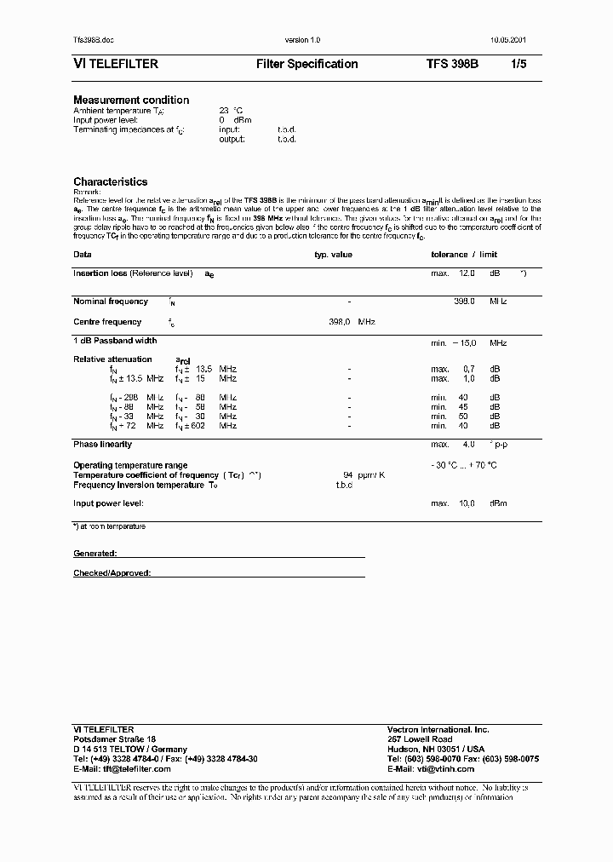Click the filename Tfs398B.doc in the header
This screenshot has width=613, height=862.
[x=92, y=41]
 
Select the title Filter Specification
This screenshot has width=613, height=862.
[x=306, y=64]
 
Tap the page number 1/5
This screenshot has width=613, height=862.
[x=518, y=64]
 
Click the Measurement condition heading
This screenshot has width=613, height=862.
[x=131, y=100]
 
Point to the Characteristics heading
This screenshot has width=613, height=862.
[x=110, y=181]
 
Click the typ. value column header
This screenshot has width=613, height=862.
[x=333, y=255]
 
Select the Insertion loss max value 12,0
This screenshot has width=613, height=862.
[x=467, y=273]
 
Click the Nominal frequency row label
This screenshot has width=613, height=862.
[x=111, y=302]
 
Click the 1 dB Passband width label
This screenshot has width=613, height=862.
[x=114, y=341]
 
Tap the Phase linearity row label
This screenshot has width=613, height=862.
[x=102, y=444]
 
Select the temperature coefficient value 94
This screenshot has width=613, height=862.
[x=347, y=474]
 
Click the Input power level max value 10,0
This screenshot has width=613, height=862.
[x=467, y=503]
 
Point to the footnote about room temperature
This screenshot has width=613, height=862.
[x=109, y=526]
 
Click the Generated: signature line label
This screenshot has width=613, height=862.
[x=95, y=553]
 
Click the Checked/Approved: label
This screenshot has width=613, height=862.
[x=112, y=573]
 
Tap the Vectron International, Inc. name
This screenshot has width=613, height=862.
[x=438, y=730]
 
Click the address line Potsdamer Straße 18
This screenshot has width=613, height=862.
[x=115, y=739]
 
